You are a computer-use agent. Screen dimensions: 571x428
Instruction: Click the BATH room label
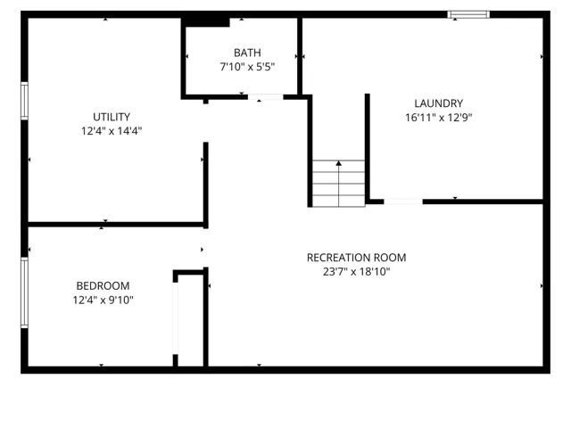tap(247, 53)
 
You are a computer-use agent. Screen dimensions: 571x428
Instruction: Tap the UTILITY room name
tap(112, 117)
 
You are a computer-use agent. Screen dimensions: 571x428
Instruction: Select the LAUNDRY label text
tap(438, 103)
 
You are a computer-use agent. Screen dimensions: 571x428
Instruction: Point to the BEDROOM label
tap(103, 285)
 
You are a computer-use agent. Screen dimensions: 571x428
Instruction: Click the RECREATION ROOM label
tap(356, 258)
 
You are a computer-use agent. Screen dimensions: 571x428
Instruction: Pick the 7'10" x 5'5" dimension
tap(247, 67)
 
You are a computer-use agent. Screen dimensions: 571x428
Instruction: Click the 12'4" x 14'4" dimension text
tap(112, 131)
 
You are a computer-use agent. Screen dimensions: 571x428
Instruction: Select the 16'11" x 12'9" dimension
tap(438, 118)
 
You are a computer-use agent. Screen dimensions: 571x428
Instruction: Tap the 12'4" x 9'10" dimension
tap(103, 300)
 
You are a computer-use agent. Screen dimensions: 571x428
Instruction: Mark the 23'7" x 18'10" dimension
tap(356, 272)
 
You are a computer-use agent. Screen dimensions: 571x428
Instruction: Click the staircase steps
tap(339, 184)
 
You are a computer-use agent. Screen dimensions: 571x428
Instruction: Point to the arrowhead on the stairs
tap(339, 163)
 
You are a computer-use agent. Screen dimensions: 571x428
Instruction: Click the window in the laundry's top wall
tap(468, 14)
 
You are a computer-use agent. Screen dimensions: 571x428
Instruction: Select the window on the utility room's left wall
tap(24, 101)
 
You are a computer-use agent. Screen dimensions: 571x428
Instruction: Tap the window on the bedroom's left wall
tap(24, 292)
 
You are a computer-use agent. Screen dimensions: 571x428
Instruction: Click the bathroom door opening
tap(266, 97)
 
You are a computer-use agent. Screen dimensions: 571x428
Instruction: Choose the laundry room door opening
tap(403, 202)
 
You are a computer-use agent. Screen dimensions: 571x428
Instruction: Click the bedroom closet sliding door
tap(176, 318)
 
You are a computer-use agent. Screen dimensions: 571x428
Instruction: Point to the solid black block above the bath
tap(206, 21)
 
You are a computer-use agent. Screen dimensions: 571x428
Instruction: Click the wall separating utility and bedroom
tap(116, 224)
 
